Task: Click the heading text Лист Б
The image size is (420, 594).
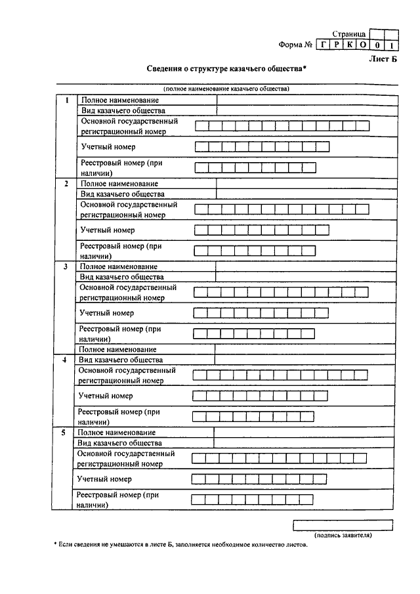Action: [384, 58]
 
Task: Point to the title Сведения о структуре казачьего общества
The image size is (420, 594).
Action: [226, 69]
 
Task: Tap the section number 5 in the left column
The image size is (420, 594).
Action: [63, 433]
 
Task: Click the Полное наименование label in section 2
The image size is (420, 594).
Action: [120, 184]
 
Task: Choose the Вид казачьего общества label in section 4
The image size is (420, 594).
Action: [121, 360]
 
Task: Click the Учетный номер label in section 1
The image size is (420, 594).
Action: [108, 146]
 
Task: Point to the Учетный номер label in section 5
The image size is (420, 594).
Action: [104, 479]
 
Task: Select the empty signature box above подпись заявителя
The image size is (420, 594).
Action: [343, 524]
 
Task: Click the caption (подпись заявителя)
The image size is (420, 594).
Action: [343, 535]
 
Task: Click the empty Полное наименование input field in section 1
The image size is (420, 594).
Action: [307, 100]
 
